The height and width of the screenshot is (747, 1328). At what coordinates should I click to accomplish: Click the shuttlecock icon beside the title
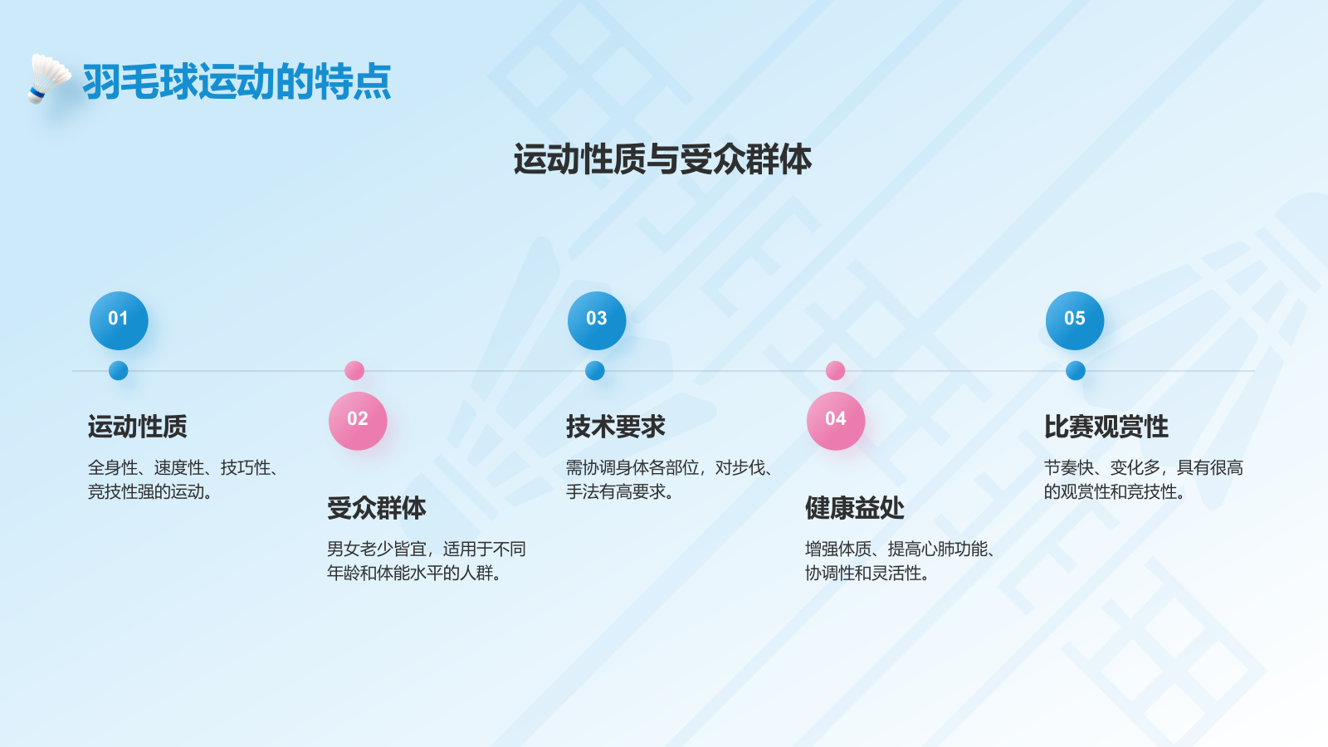tap(48, 79)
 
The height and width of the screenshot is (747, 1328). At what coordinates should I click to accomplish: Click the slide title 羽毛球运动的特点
tap(237, 81)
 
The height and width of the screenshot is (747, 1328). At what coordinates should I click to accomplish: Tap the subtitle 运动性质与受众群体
tap(662, 159)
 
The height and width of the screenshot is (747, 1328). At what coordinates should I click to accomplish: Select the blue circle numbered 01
tap(119, 320)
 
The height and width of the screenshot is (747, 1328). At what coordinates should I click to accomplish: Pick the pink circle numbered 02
tap(358, 421)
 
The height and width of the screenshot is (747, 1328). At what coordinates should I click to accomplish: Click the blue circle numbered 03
tap(597, 320)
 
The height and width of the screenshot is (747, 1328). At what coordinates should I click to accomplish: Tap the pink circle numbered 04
tap(836, 421)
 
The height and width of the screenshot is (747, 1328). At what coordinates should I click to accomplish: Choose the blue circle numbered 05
tap(1075, 320)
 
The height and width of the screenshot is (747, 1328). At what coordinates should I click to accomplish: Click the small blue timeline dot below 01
tap(119, 371)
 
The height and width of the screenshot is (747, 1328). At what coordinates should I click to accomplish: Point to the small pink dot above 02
tap(354, 370)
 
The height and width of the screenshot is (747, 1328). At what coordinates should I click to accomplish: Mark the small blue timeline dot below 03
tap(595, 371)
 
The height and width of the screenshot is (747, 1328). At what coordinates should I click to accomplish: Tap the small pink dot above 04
tap(836, 370)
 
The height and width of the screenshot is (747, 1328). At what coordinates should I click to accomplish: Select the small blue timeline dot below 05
tap(1076, 371)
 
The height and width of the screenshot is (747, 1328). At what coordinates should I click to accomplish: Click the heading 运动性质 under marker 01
tap(138, 427)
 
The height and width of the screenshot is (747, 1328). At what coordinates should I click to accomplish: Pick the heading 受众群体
tap(377, 508)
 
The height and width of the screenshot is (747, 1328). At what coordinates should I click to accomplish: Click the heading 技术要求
tap(616, 427)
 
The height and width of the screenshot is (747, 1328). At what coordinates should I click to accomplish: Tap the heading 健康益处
tap(855, 508)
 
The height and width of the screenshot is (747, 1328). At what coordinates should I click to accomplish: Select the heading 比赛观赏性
tap(1106, 427)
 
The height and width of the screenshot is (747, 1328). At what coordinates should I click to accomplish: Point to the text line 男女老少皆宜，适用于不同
tap(427, 549)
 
